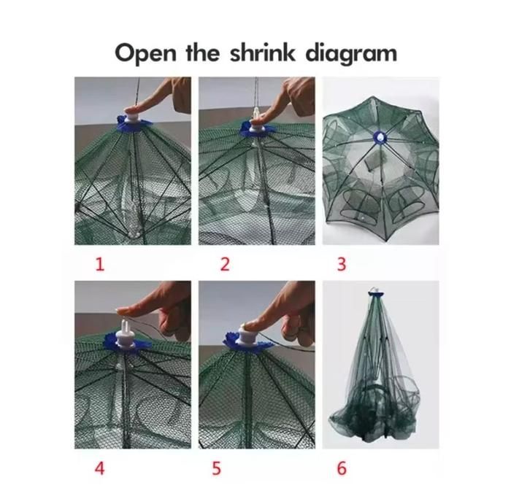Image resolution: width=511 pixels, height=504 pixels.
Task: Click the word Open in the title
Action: tap(145, 54)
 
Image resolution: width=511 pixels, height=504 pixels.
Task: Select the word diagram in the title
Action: tap(351, 54)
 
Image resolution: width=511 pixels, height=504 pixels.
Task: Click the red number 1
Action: tap(100, 264)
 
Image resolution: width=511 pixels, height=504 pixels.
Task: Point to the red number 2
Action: tap(225, 264)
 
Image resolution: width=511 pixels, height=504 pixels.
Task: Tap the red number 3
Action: tap(341, 264)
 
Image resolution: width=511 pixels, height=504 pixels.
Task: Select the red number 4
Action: tap(100, 468)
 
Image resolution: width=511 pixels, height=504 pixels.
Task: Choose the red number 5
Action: tap(216, 468)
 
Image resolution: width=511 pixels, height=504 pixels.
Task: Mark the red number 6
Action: tap(342, 468)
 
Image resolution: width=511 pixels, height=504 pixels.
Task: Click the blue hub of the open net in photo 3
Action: tap(380, 137)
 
